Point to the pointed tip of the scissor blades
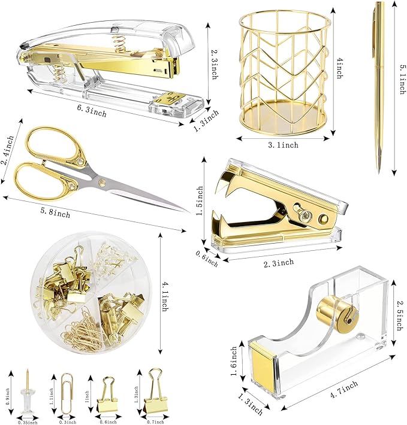coord(187,211)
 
